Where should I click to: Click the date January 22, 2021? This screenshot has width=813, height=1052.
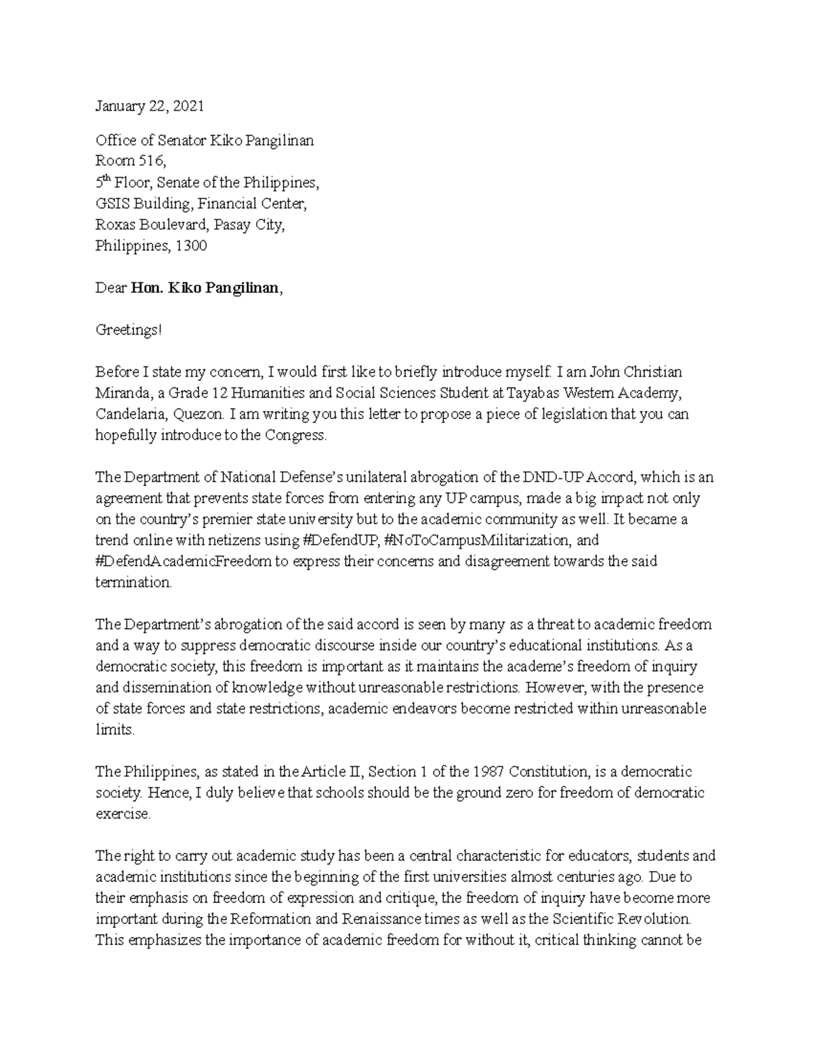(149, 106)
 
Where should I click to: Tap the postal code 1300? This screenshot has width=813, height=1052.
(191, 246)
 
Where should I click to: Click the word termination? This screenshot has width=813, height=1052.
(133, 583)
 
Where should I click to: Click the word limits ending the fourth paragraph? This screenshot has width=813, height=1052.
(115, 730)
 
